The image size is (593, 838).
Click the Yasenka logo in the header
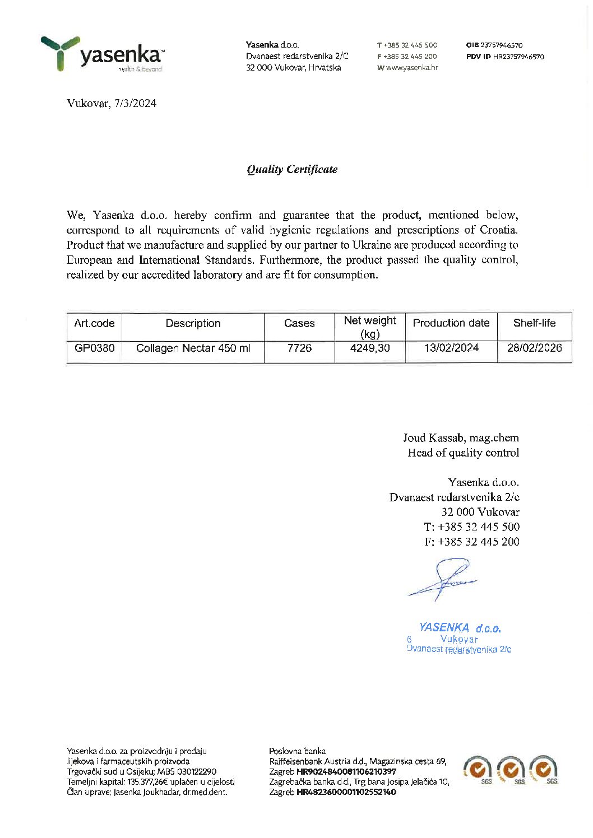click(x=102, y=54)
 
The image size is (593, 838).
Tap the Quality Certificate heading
click(x=292, y=169)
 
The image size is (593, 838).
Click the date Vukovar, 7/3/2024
click(x=112, y=103)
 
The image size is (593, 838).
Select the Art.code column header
click(x=94, y=323)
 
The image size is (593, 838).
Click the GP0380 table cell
click(x=94, y=348)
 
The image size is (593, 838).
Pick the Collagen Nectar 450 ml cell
click(x=193, y=348)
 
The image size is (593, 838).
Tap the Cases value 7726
click(x=299, y=348)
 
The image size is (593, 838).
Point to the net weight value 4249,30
click(x=370, y=348)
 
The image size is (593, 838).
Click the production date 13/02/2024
click(x=451, y=348)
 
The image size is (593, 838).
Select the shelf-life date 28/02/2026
click(x=534, y=348)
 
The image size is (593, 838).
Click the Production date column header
click(x=451, y=323)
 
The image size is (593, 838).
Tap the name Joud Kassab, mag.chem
click(x=461, y=437)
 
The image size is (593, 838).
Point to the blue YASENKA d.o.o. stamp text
click(x=460, y=628)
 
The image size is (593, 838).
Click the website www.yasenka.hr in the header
click(x=411, y=68)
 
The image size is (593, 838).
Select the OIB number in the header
click(x=501, y=45)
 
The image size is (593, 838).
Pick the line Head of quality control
click(x=463, y=453)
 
